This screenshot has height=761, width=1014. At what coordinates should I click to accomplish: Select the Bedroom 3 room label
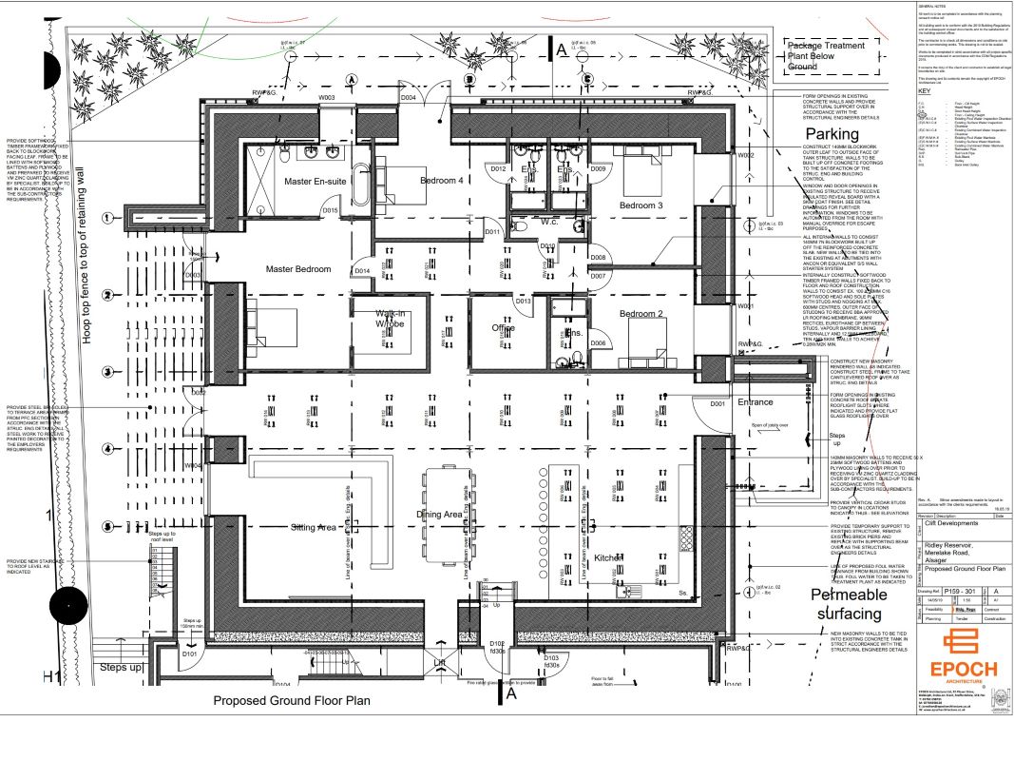(x=641, y=205)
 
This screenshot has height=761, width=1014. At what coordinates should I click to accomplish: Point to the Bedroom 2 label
(x=640, y=313)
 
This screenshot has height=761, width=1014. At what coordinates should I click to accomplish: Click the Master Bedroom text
(x=298, y=269)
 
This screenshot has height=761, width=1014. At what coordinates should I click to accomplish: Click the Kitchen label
(x=608, y=557)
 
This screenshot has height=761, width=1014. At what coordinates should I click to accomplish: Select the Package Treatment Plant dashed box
(x=826, y=56)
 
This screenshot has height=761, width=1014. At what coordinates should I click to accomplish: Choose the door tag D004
(x=409, y=98)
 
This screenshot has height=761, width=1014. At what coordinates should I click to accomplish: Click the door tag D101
(x=189, y=654)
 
